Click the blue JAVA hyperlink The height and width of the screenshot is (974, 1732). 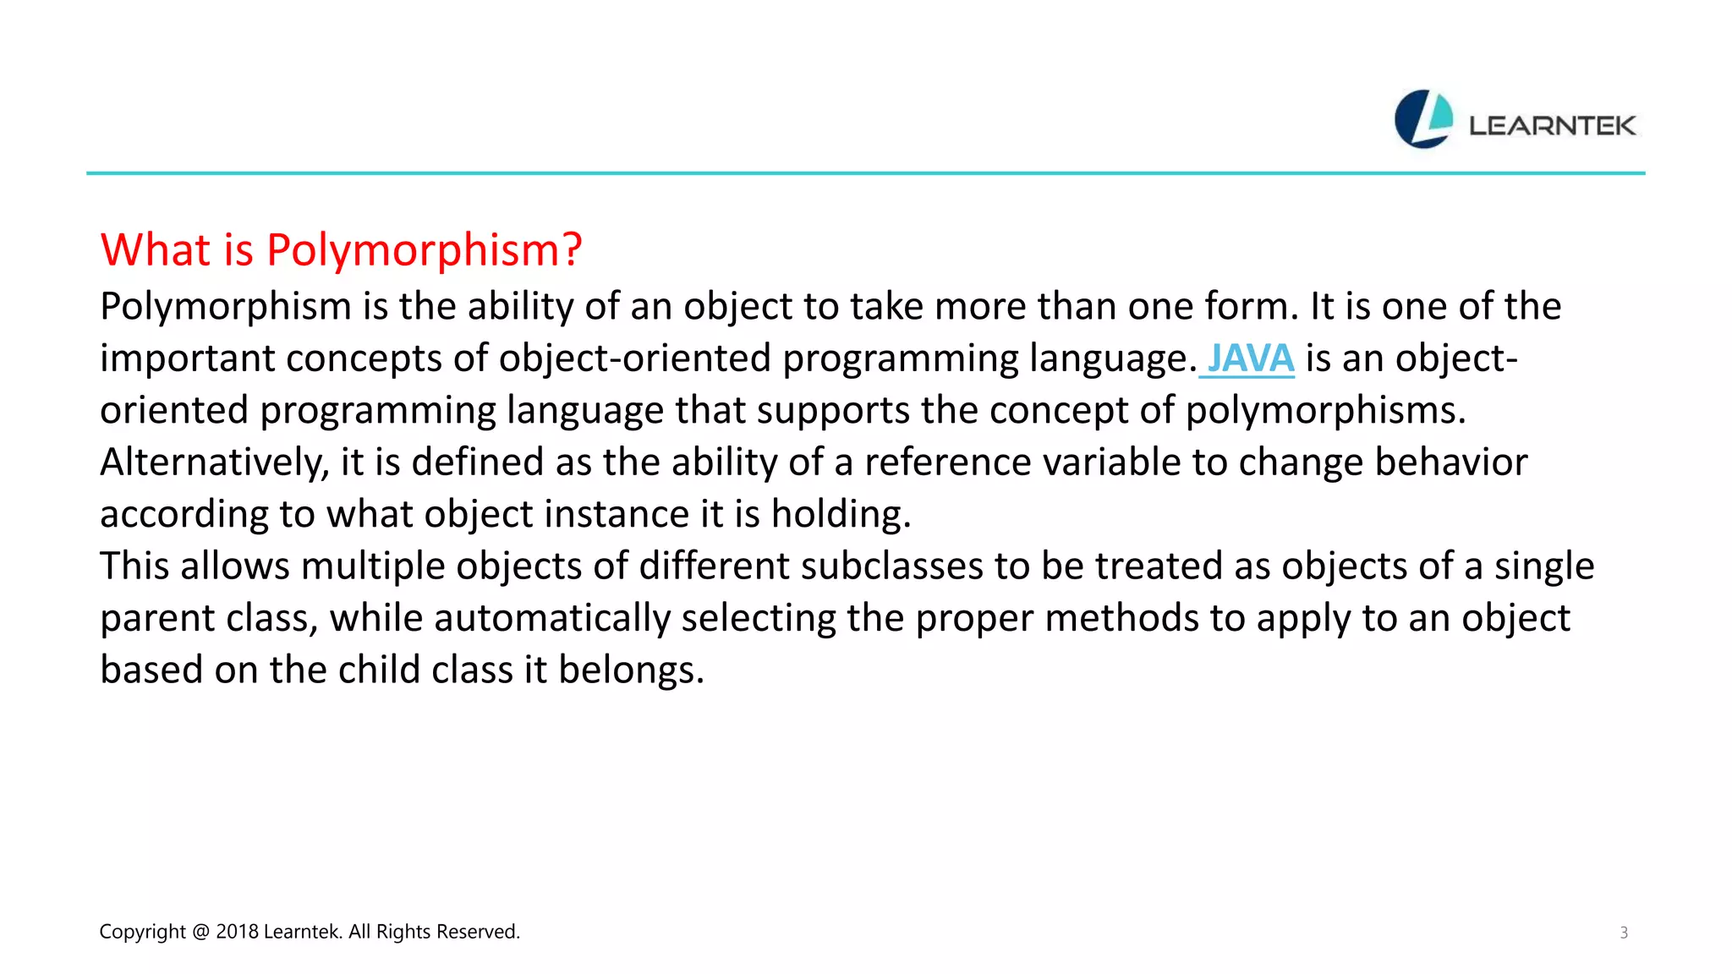coord(1250,358)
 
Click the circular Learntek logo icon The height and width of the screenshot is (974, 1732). coord(1423,119)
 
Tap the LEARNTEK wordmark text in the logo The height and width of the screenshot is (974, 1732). coord(1552,126)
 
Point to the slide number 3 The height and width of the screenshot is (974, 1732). coord(1623,933)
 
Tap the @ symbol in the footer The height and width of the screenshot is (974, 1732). coord(200,932)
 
